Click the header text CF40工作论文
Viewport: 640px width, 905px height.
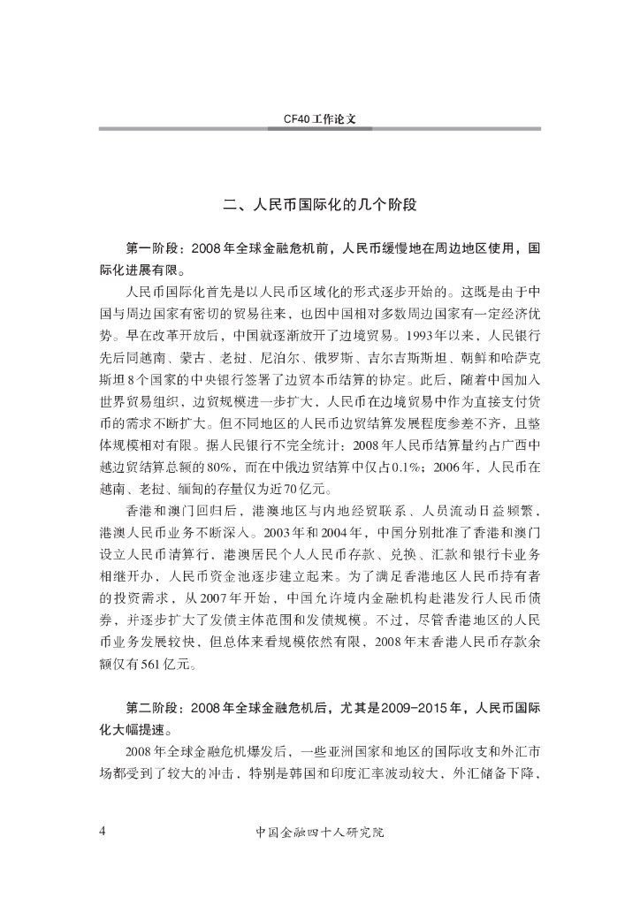(x=319, y=117)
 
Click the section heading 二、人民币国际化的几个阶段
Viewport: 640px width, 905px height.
(x=319, y=204)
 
